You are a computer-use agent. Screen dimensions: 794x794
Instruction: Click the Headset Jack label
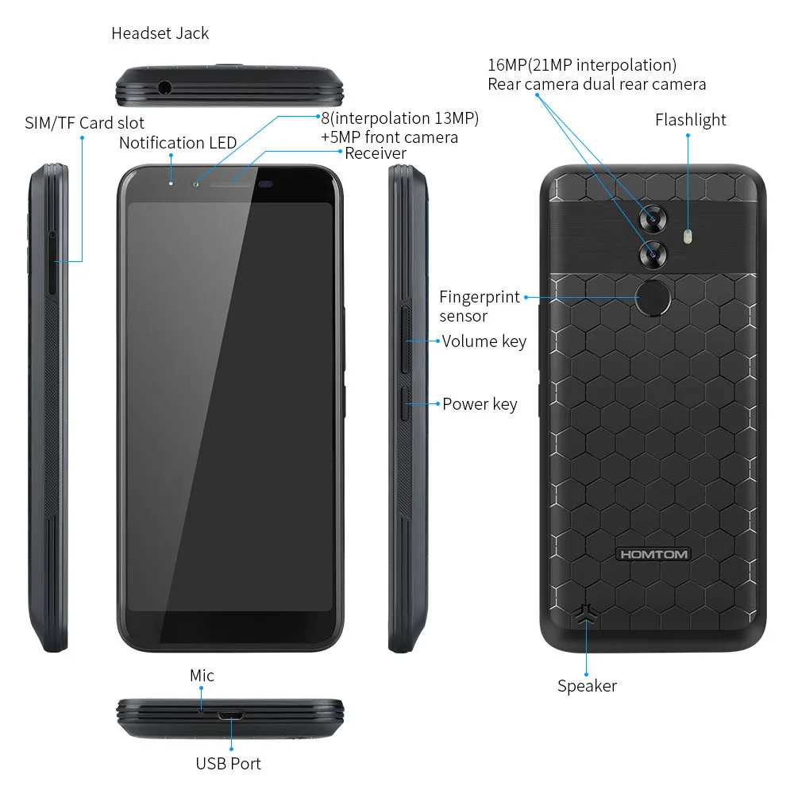click(x=160, y=33)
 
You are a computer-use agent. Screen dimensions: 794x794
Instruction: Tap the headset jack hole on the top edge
click(x=164, y=87)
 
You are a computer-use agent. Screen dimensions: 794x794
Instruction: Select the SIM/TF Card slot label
click(x=85, y=123)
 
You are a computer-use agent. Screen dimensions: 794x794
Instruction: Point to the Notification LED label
click(x=178, y=143)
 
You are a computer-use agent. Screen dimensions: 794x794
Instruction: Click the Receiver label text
click(x=376, y=153)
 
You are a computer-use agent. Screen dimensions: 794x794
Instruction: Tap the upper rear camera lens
click(x=653, y=219)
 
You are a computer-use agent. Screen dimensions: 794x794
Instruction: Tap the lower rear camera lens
click(x=653, y=254)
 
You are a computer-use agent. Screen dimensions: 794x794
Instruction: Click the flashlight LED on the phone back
click(x=688, y=236)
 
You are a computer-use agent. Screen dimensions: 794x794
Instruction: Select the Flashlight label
click(x=690, y=120)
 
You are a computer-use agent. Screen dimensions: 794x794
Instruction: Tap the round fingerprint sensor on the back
click(x=653, y=298)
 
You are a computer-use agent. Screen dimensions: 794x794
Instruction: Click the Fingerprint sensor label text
click(x=479, y=306)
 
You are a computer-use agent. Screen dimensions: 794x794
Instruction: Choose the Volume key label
click(x=484, y=341)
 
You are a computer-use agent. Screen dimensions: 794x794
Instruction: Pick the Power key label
click(x=480, y=404)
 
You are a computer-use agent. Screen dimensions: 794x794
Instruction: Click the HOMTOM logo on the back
click(x=653, y=554)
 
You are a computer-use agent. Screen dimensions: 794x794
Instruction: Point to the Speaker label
click(x=587, y=686)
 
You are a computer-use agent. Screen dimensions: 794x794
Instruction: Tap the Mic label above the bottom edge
click(x=202, y=676)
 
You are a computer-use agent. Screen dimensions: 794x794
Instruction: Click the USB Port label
click(x=228, y=764)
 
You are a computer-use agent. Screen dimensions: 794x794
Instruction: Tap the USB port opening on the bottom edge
click(x=231, y=716)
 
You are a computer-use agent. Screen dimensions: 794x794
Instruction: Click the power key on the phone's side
click(x=405, y=404)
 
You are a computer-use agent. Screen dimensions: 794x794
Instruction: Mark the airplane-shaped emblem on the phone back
click(x=586, y=614)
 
